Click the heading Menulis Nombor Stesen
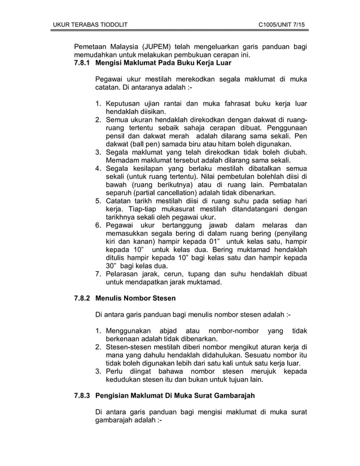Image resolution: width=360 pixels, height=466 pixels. (x=136, y=297)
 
